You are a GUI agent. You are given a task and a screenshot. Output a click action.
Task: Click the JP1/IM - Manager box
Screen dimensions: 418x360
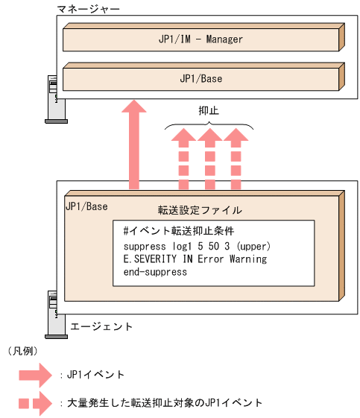201,38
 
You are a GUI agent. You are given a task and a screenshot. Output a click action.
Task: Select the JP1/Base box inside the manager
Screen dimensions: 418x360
201,77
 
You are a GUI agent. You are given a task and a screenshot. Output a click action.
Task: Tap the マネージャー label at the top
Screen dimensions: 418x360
87,8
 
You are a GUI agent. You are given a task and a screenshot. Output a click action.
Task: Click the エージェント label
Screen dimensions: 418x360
101,326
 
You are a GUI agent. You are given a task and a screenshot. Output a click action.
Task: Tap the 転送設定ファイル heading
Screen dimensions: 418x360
200,210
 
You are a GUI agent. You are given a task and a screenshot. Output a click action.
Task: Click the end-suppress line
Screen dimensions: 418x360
155,272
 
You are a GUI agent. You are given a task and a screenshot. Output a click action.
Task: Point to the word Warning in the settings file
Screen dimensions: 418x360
247,259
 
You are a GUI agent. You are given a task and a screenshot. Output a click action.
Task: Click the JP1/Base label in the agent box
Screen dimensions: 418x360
87,206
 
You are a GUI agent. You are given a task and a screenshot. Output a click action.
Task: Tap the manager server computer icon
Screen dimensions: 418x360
53,98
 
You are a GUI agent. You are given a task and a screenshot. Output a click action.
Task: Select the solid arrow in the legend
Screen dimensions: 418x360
37,374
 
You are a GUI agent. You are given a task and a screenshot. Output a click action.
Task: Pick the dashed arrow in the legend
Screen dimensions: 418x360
37,403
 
